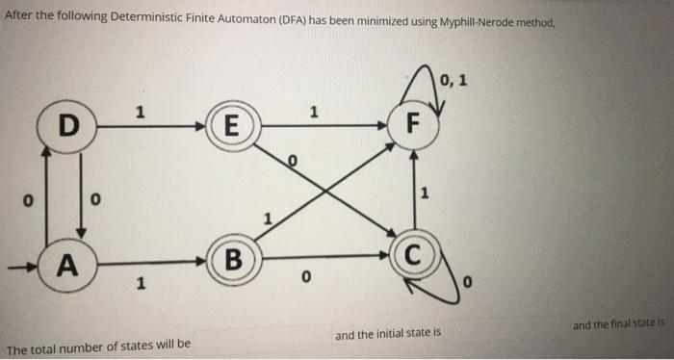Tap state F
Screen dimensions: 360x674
[413, 125]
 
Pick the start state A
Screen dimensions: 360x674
[66, 260]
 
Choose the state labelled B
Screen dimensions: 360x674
[230, 260]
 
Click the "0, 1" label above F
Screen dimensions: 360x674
[454, 80]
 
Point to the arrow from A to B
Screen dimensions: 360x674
[144, 260]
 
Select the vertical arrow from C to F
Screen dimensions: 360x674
[413, 193]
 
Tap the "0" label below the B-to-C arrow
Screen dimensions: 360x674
[305, 278]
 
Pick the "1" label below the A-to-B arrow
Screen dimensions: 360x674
[142, 283]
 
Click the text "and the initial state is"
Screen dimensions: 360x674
[387, 335]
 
